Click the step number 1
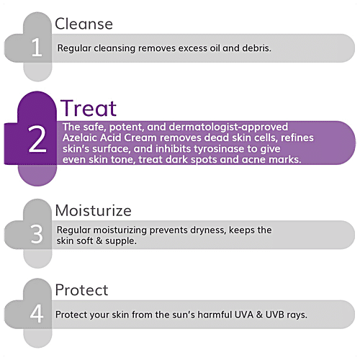click(37, 49)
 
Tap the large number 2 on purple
click(37, 141)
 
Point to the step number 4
click(37, 315)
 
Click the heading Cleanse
click(84, 24)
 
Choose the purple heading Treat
click(88, 109)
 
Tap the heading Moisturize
click(93, 211)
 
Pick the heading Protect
click(81, 290)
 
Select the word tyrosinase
click(230, 148)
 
